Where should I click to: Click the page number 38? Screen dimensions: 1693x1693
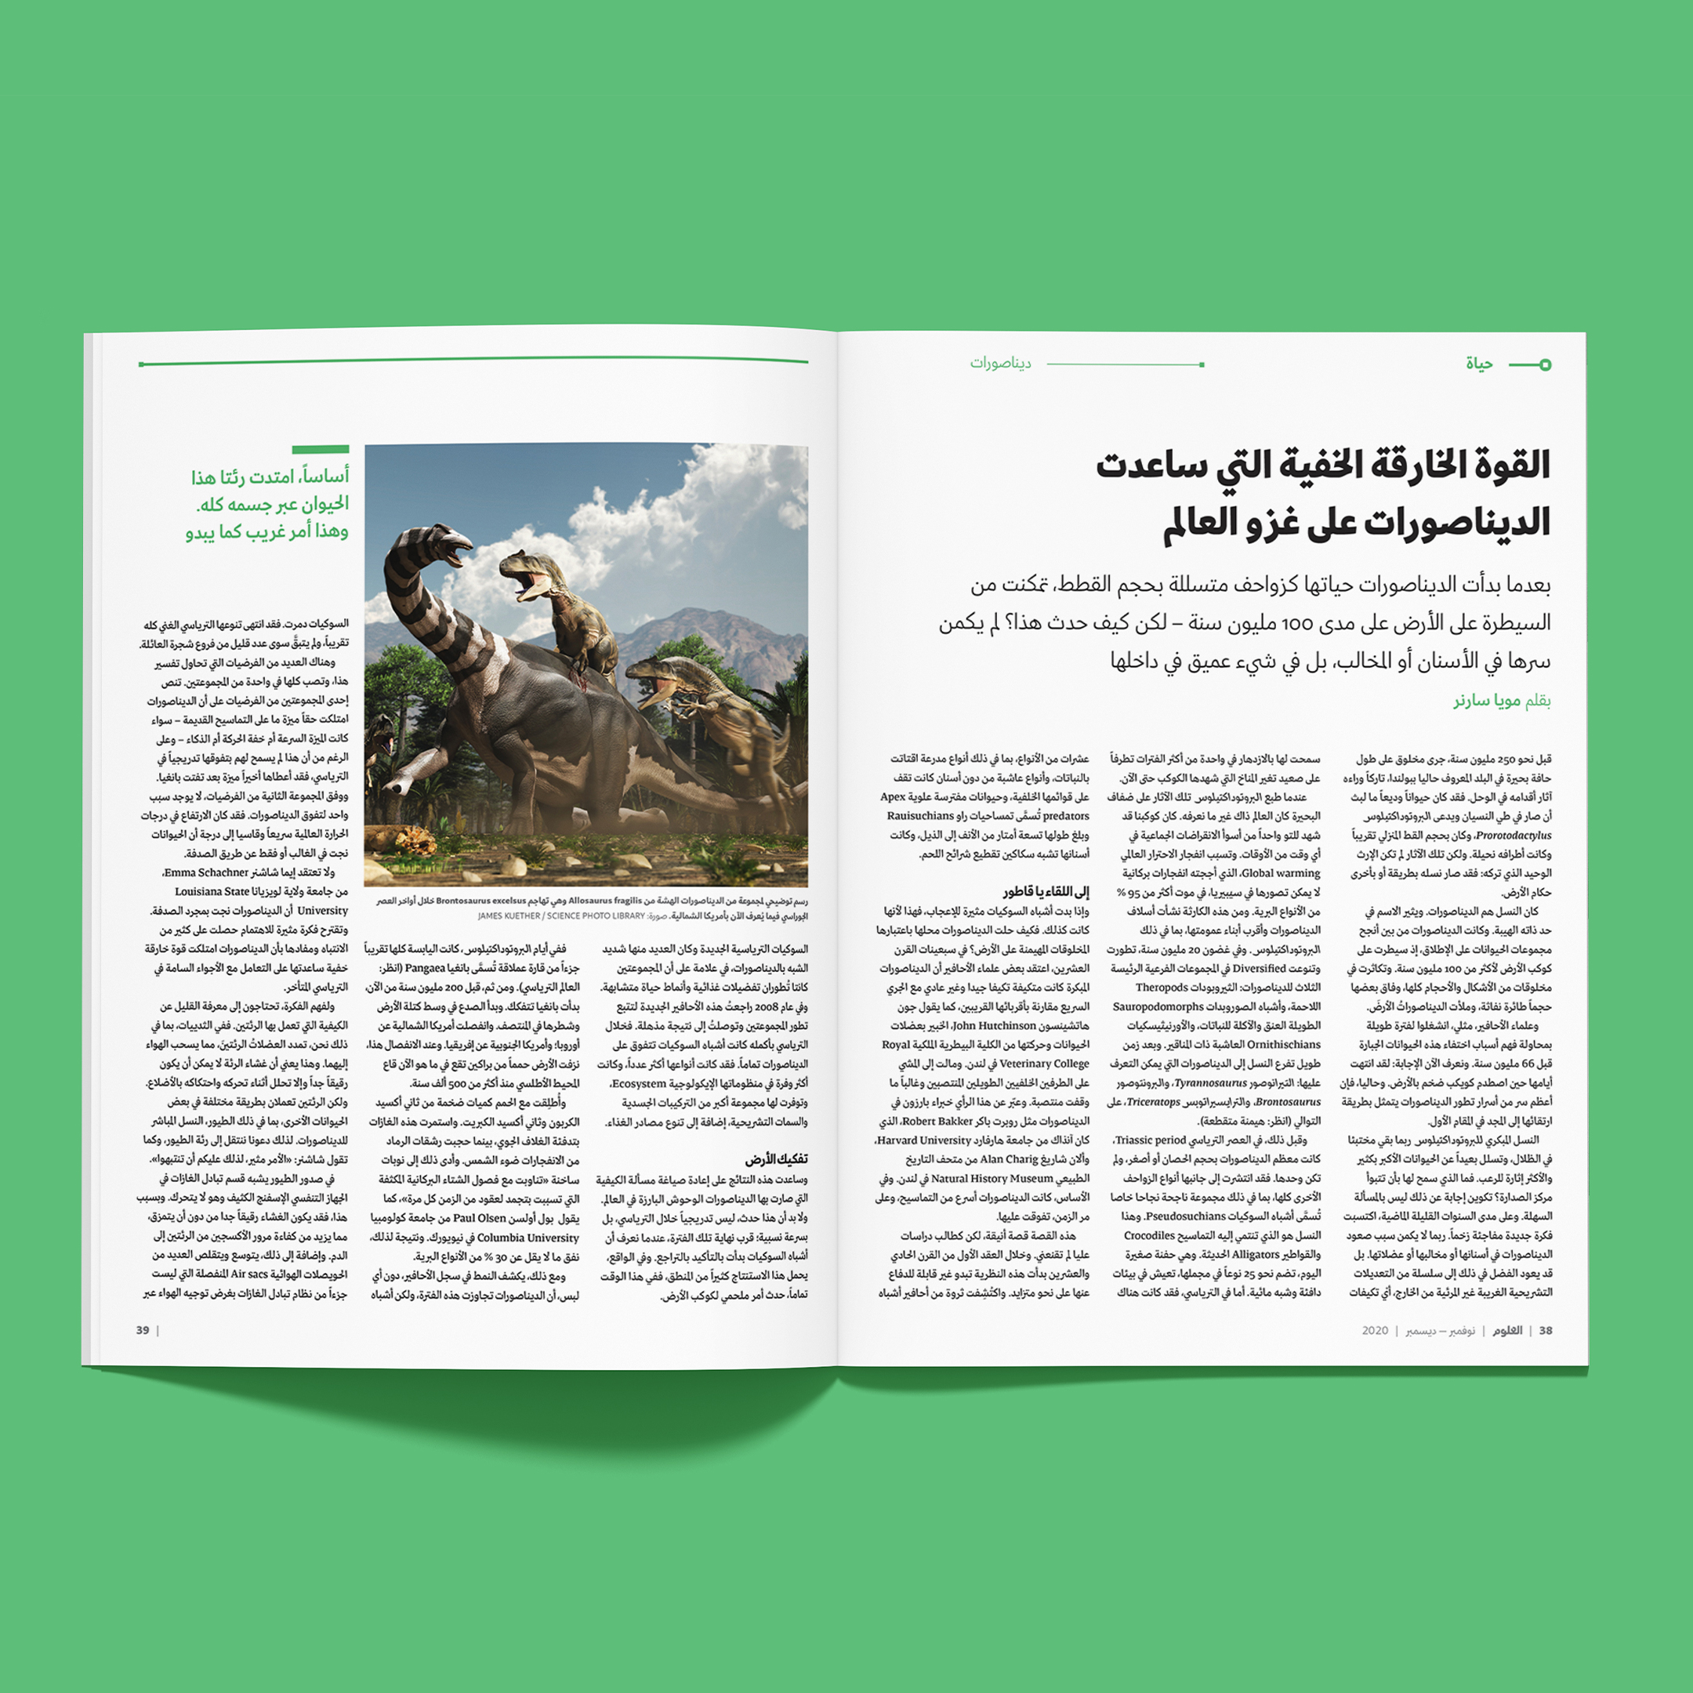1545,1330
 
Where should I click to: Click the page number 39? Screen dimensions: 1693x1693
143,1330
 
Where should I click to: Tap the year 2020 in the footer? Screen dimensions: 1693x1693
1375,1330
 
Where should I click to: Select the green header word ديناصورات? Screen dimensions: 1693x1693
1000,363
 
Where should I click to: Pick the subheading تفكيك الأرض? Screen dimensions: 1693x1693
777,1159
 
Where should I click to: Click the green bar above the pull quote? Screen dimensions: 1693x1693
321,448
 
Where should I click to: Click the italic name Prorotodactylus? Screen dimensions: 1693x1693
1514,835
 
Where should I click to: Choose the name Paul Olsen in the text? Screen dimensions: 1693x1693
480,1219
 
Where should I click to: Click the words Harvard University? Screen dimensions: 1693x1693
928,1140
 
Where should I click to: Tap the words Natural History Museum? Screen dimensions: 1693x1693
992,1179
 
